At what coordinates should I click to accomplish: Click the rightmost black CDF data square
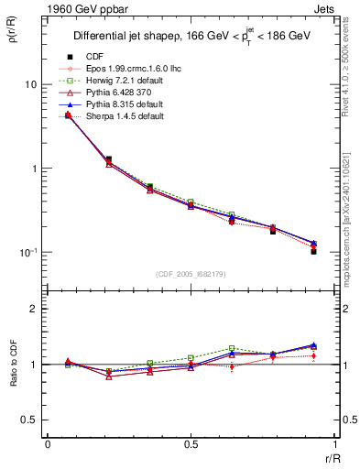click(313, 251)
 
